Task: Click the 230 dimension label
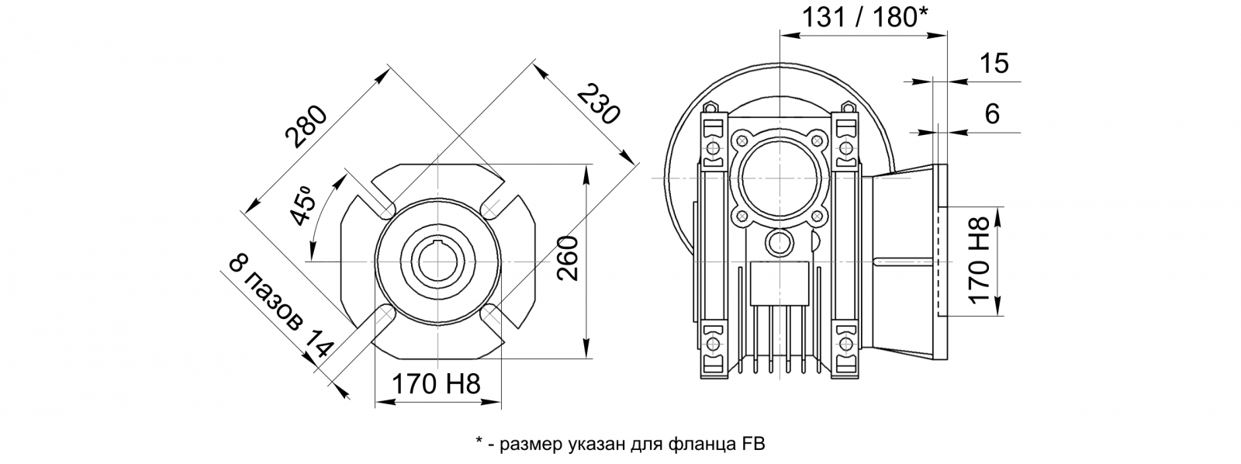(597, 104)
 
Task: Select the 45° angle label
(302, 206)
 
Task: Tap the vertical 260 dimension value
(567, 259)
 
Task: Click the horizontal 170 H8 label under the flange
(436, 383)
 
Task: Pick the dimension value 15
(994, 64)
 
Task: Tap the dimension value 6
(993, 113)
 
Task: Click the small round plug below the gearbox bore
(780, 242)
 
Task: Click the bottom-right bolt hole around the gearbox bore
(818, 216)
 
